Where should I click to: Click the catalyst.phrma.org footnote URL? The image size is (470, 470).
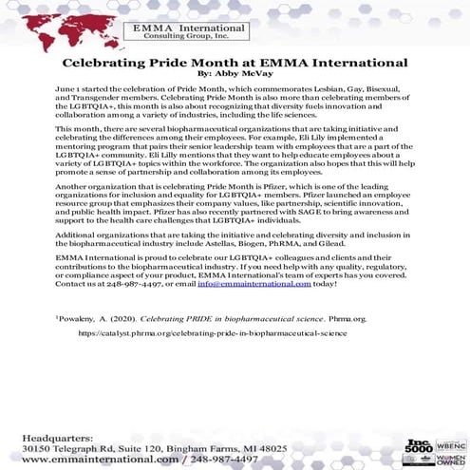pos(212,333)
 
